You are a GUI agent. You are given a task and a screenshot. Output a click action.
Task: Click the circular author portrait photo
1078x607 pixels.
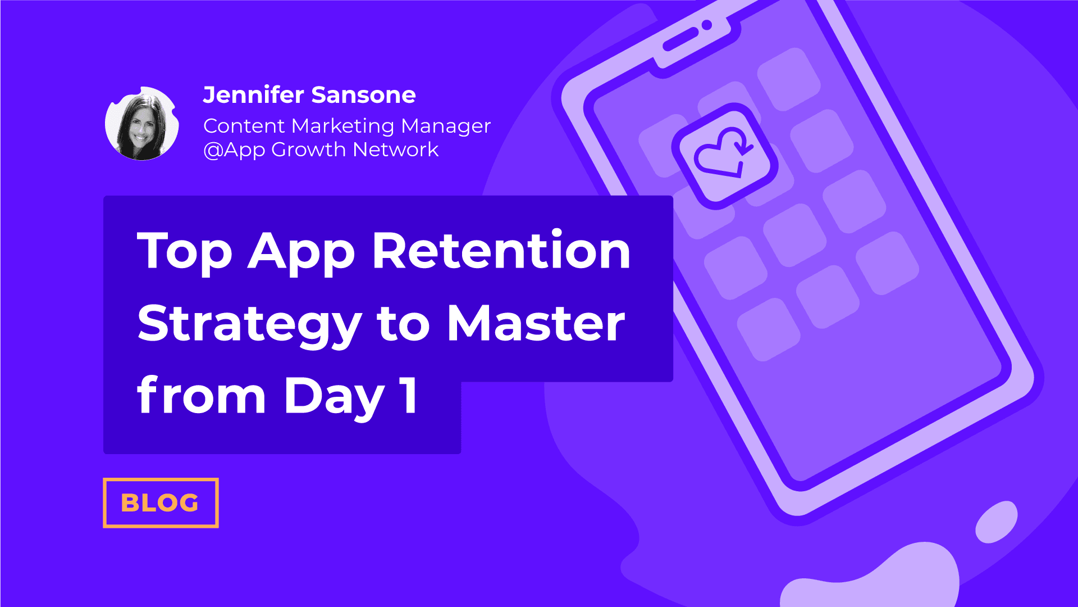click(x=142, y=124)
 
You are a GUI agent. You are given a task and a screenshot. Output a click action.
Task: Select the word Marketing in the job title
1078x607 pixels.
click(x=342, y=126)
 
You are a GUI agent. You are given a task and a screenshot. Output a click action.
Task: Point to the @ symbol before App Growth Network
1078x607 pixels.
click(x=213, y=150)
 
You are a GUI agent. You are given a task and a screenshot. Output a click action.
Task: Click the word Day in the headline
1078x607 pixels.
click(x=334, y=397)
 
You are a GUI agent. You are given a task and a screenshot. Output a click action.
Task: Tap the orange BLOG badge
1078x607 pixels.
click(x=161, y=502)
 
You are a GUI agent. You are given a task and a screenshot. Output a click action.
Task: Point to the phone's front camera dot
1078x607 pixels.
click(x=707, y=25)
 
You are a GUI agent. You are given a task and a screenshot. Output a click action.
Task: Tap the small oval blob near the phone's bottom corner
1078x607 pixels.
click(x=997, y=522)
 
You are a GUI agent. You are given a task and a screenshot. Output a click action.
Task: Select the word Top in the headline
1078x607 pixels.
click(x=185, y=252)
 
